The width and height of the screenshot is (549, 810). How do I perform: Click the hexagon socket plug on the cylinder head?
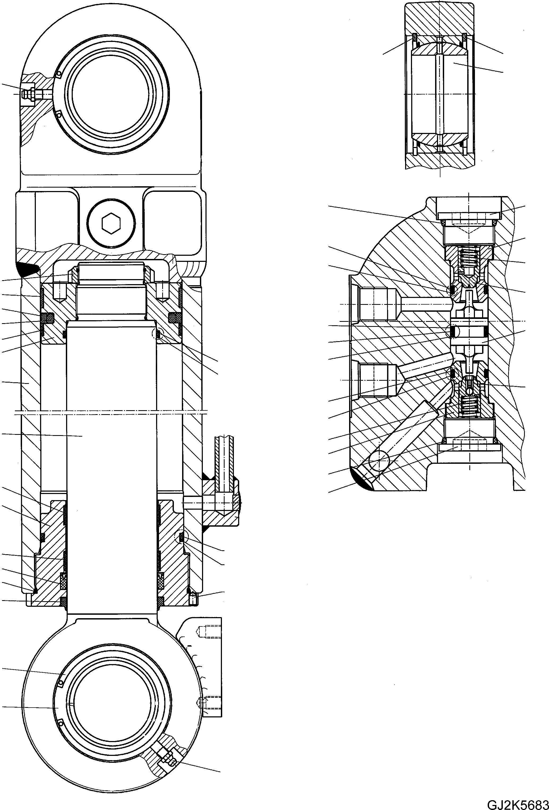(111, 222)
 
